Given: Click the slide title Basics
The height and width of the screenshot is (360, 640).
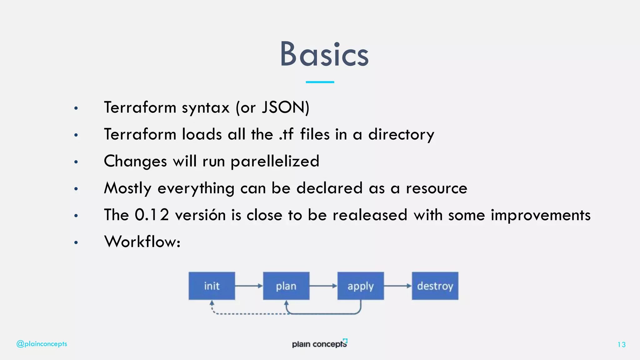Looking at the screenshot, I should coord(324,54).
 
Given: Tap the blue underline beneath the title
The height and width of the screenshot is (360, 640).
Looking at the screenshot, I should coord(320,82).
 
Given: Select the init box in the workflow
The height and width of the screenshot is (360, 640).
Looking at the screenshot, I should coord(212,286).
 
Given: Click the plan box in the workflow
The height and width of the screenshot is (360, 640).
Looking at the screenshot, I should coord(286,286).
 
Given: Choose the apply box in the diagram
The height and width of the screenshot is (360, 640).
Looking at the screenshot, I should coord(360,286).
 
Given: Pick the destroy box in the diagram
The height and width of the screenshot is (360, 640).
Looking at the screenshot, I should coord(435,286).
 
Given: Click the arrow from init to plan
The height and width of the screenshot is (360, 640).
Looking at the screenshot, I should coord(249,286).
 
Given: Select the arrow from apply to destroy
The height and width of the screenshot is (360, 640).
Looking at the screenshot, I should coord(397,286).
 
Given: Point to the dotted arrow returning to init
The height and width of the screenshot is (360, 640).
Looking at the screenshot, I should coord(250,313).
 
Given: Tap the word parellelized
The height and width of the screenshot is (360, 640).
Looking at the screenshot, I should coord(275,162).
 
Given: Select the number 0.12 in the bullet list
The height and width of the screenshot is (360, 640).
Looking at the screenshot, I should coord(152,215).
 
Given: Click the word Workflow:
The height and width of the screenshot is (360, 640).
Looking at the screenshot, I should coord(142,242).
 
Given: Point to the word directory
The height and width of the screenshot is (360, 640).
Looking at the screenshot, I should coord(401,135).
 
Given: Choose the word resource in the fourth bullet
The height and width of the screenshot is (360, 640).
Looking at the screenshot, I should coord(436,188).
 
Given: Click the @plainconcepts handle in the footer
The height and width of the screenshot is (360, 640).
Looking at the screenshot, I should coord(42,344).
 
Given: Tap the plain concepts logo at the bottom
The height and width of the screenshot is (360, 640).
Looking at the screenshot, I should coord(319,343).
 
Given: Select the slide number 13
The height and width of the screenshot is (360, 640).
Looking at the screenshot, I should coord(621,345).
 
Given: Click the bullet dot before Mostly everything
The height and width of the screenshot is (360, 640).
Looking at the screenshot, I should coord(76,189).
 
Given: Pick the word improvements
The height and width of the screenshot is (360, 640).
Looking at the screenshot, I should coord(541,215).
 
